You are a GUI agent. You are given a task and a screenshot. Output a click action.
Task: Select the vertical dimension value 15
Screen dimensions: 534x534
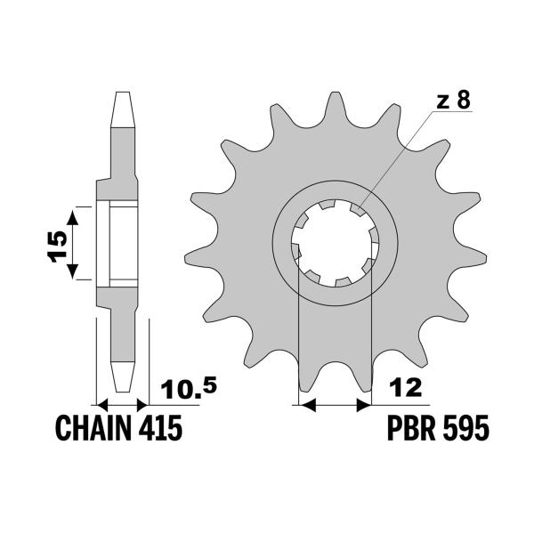click(56, 242)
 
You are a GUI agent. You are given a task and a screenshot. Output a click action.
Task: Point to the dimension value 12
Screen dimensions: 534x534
click(405, 388)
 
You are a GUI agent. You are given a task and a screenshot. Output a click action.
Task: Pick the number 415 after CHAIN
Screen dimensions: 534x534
click(161, 430)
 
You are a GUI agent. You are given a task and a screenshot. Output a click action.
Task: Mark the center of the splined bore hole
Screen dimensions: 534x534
click(335, 242)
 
